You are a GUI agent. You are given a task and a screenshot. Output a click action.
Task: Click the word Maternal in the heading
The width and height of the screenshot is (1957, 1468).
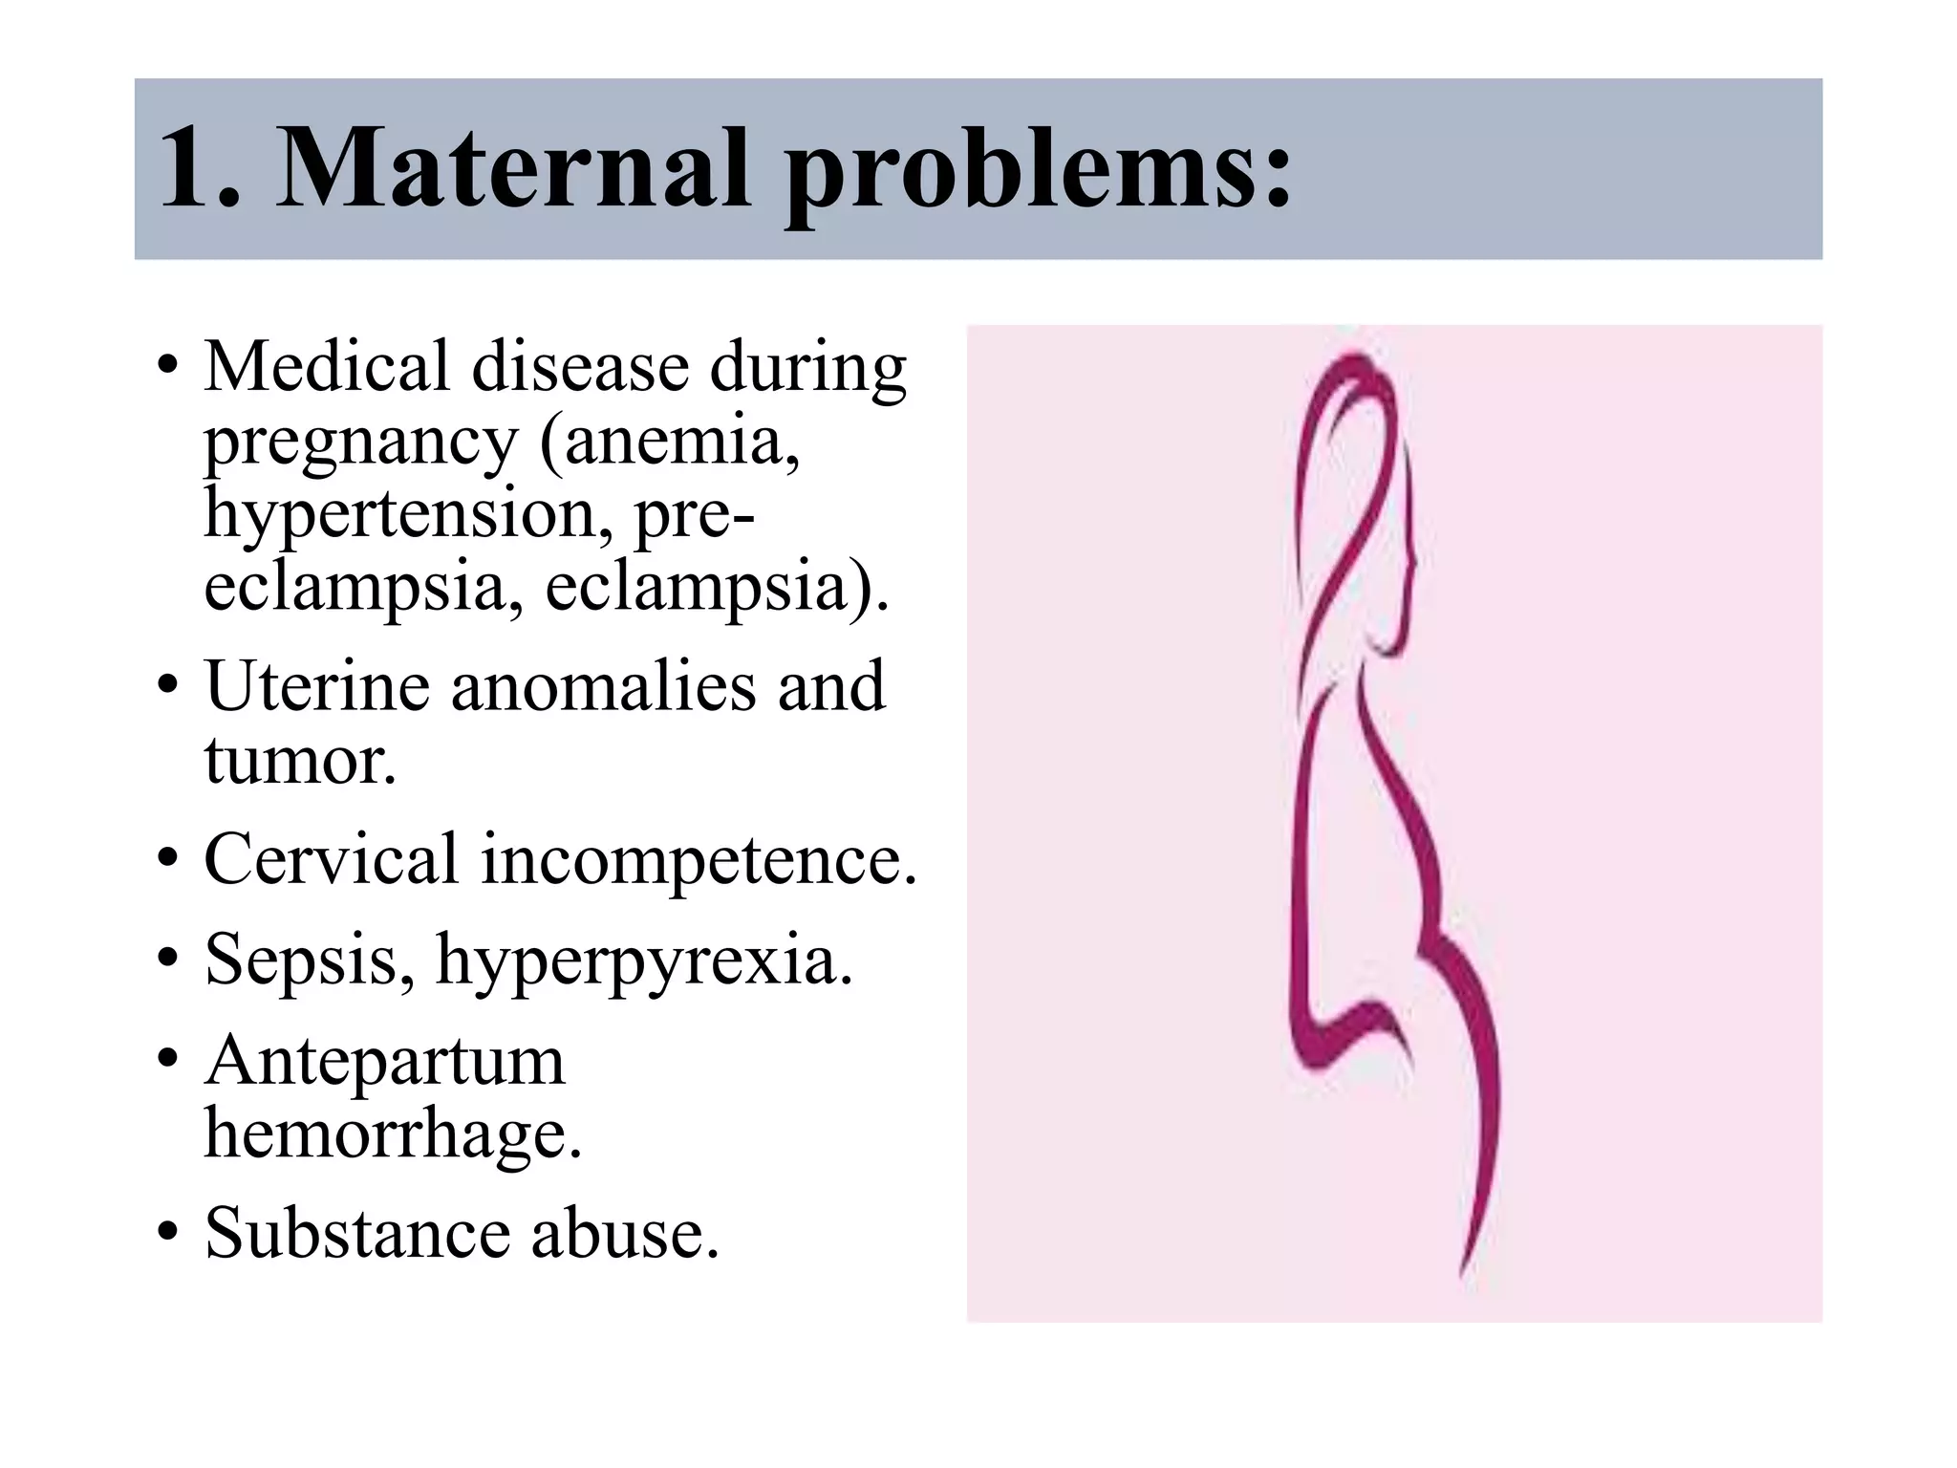[512, 170]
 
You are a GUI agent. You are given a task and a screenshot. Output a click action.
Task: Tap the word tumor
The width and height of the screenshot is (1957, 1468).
[299, 761]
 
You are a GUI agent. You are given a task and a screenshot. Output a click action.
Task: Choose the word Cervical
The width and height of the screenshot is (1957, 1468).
[332, 858]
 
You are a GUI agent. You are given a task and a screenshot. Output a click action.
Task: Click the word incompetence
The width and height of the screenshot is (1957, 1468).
[699, 860]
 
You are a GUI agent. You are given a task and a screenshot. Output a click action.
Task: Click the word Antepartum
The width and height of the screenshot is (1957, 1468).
[385, 1062]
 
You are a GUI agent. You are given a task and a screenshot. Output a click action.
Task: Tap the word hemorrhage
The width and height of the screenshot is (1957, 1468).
[393, 1135]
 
